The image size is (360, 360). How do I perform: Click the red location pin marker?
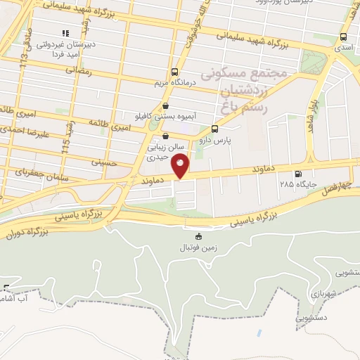click(181, 166)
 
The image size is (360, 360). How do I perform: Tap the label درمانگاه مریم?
click(173, 84)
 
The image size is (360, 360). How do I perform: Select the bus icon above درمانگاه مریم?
click(174, 72)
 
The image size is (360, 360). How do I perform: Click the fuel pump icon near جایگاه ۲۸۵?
click(299, 174)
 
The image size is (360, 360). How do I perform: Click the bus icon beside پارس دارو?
click(214, 129)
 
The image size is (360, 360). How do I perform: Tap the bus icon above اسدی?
click(343, 37)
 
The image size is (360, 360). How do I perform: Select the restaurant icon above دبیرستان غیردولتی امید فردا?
click(65, 33)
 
